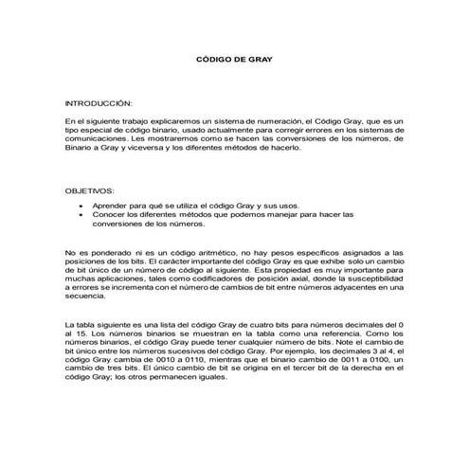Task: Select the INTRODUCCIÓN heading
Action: [99, 100]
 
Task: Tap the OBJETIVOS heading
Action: [89, 190]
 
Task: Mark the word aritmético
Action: [209, 253]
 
